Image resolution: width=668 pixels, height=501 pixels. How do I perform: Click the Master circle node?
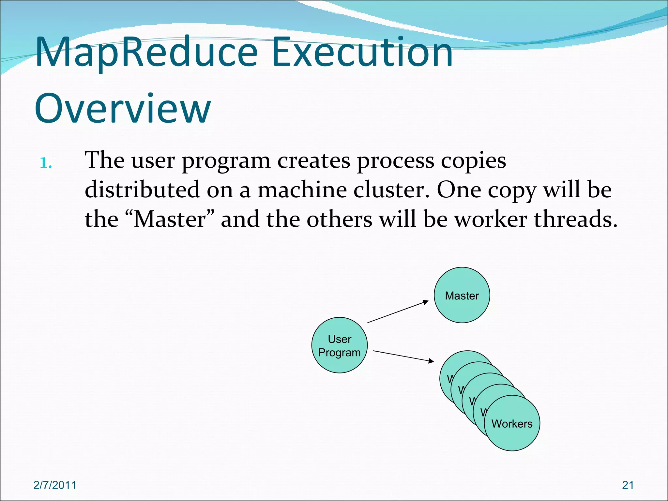[x=462, y=295]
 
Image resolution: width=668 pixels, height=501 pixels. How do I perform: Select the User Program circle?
[x=339, y=345]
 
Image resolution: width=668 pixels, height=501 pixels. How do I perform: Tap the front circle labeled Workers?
[x=512, y=423]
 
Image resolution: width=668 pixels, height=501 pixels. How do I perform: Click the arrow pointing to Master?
[x=398, y=312]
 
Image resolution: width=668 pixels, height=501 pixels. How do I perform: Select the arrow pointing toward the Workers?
[x=403, y=356]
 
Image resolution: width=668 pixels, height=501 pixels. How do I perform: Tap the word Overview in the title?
[x=123, y=108]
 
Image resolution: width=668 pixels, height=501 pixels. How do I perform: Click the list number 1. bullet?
[x=46, y=163]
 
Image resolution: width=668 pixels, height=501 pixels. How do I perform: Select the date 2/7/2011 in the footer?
[x=55, y=485]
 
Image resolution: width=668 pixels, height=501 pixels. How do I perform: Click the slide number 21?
[x=628, y=485]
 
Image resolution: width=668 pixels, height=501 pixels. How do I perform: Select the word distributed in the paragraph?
[x=142, y=190]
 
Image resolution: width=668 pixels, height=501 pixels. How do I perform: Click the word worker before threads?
[x=491, y=219]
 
